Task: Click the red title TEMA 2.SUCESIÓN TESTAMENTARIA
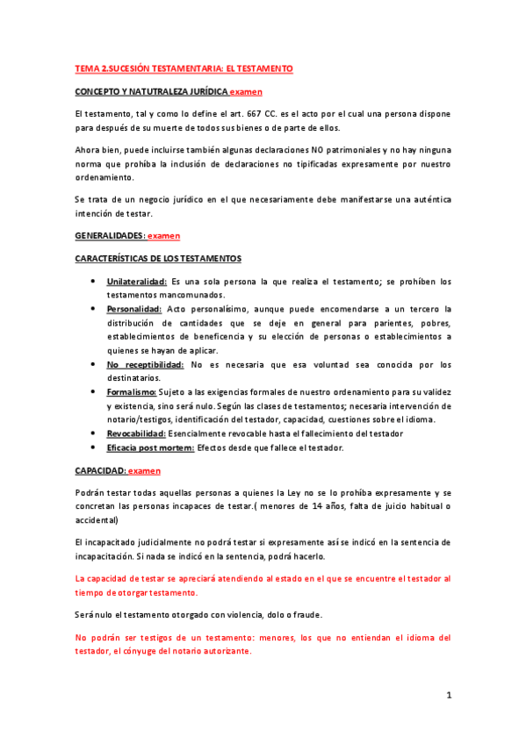coord(184,68)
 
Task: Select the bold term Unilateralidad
coord(137,282)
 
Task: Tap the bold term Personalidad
coord(134,309)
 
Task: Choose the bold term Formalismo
coord(132,392)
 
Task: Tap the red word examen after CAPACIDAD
coord(145,471)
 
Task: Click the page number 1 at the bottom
coord(448,696)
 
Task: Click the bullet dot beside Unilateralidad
coord(94,282)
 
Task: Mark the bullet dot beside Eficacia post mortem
coord(94,447)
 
